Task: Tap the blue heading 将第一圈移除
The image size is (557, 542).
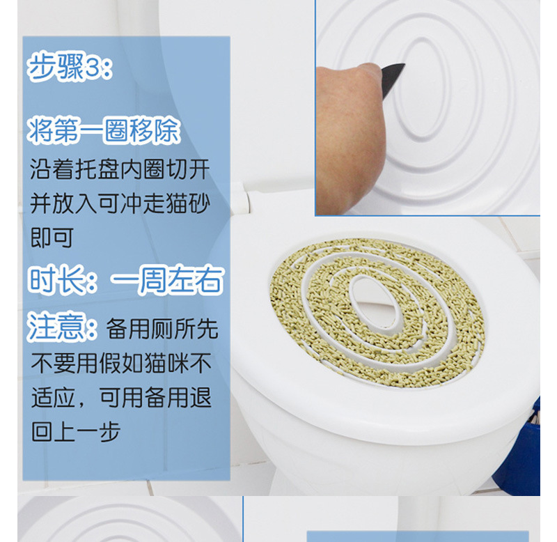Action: click(104, 130)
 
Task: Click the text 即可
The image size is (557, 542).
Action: click(52, 238)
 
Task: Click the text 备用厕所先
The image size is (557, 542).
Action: click(162, 330)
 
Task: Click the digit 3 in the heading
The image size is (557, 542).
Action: click(93, 69)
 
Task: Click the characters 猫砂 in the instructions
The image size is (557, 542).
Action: click(189, 203)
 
